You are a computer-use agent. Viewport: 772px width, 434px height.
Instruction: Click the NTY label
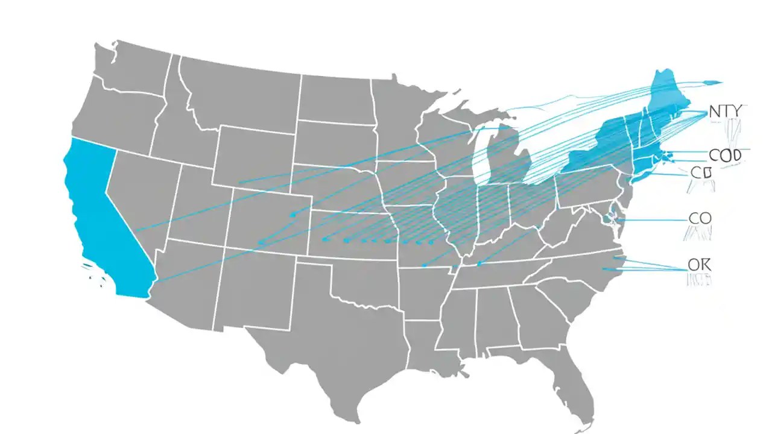click(727, 112)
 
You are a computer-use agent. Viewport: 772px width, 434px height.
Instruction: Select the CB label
click(701, 173)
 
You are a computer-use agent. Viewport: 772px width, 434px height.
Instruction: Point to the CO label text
click(700, 218)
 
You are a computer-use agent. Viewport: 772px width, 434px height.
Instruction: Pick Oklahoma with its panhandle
click(362, 277)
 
